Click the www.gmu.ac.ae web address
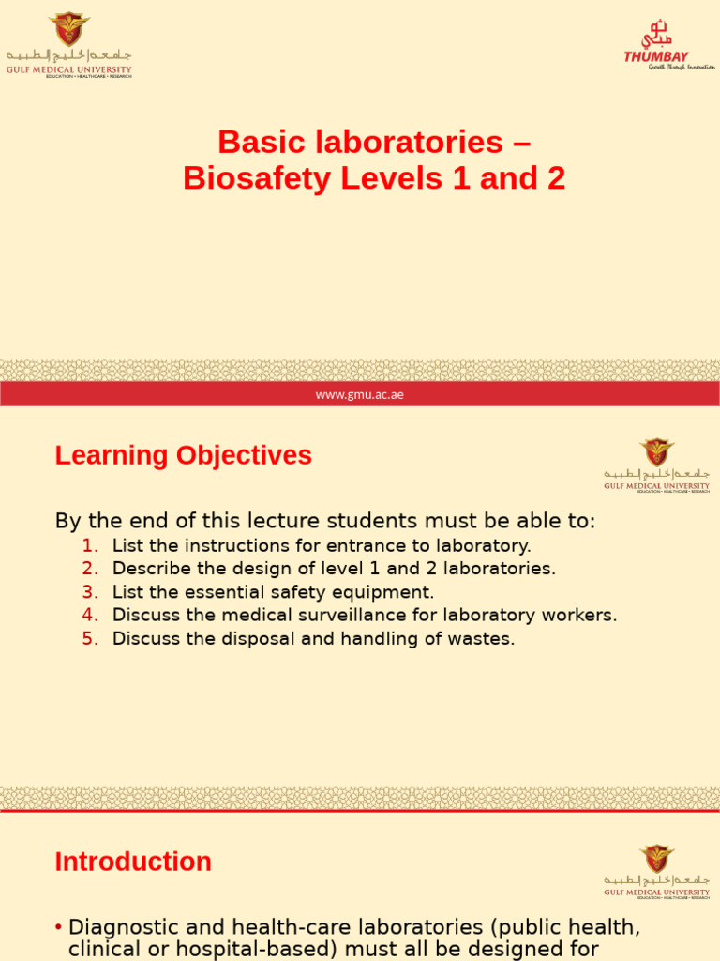coord(360,394)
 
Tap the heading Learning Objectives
coord(183,456)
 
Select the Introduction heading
coord(133,862)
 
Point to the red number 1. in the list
coord(90,545)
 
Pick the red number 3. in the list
coord(90,592)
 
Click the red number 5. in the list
coord(90,639)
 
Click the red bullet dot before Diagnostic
coord(59,927)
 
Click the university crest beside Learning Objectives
coord(656,452)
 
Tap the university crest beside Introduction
coord(656,859)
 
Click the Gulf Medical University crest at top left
coord(68,29)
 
